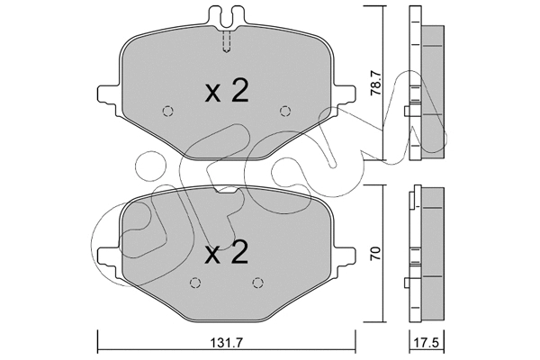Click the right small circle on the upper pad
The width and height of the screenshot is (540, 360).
coord(285,112)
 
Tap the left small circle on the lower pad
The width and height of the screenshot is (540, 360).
coord(194,281)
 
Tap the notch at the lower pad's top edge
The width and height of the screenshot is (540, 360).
coord(226,192)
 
